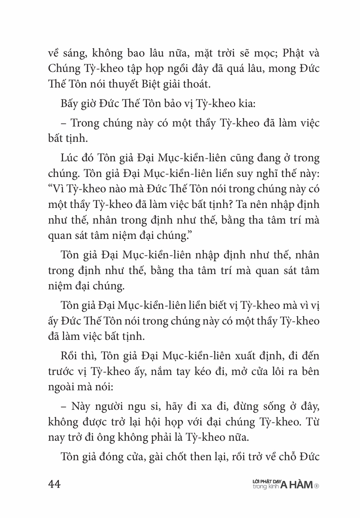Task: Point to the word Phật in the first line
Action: (294, 53)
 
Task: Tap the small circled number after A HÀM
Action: (317, 486)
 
